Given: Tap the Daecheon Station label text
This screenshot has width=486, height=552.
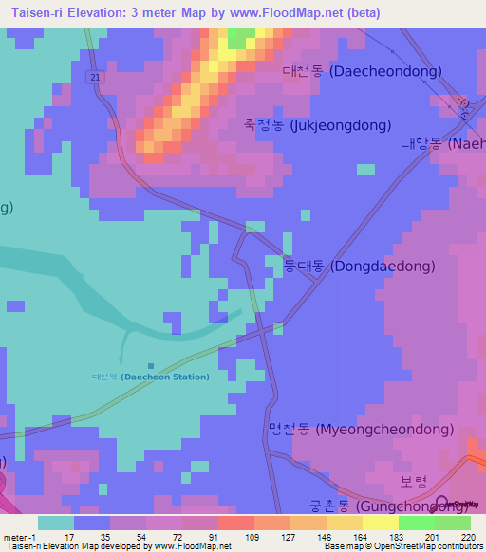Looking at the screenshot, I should tap(152, 377).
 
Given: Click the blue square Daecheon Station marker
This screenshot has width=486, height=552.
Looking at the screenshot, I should tap(151, 365).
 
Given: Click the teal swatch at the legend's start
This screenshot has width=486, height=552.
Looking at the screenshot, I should tap(56, 523).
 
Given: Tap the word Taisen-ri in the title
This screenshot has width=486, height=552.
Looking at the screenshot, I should tap(31, 12).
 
